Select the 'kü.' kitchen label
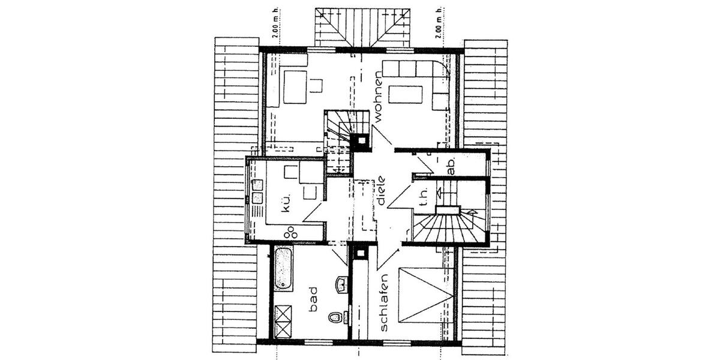(x=286, y=202)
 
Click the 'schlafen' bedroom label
(x=385, y=302)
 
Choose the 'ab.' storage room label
(x=451, y=165)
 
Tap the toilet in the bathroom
(x=335, y=316)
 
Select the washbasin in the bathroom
(x=341, y=284)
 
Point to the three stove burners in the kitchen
(x=292, y=232)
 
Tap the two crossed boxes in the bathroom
(x=283, y=322)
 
